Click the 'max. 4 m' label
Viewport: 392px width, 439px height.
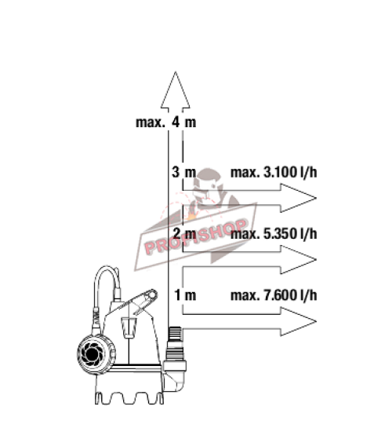tap(165, 123)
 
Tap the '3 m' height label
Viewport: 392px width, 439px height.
tap(183, 172)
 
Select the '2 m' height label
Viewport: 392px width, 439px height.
tap(184, 233)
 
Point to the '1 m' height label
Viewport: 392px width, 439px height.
tap(185, 295)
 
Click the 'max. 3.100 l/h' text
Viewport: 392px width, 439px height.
tap(274, 173)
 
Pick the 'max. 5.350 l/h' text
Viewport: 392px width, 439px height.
tap(274, 234)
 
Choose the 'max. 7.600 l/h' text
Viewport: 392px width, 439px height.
tap(274, 295)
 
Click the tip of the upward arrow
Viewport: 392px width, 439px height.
tap(176, 71)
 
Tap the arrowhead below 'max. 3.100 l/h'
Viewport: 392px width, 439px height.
tap(299, 198)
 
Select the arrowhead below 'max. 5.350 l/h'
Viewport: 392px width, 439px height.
tap(299, 259)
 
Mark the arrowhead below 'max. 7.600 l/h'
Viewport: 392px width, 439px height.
tap(299, 321)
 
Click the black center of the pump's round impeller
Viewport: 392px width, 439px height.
tap(92, 354)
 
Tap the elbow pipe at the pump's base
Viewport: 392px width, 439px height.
tap(174, 376)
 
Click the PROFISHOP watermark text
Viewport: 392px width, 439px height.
tap(196, 236)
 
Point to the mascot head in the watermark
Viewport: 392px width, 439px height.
tap(209, 186)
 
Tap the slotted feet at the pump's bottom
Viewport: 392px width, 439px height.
tap(129, 398)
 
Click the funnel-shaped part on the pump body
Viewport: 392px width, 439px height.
tap(129, 327)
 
